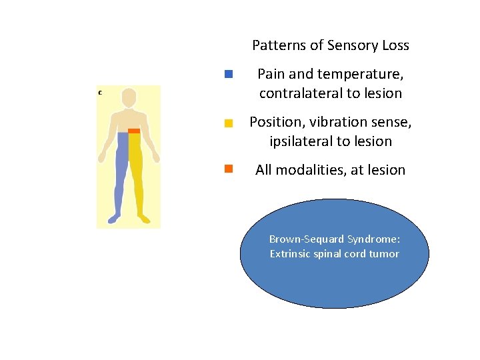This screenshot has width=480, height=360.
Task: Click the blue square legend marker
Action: click(229, 74)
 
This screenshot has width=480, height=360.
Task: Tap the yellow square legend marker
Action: click(229, 123)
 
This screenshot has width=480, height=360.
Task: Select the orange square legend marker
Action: click(229, 169)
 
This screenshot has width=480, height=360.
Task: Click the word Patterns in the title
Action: click(277, 46)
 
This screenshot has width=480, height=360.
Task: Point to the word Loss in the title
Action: click(395, 46)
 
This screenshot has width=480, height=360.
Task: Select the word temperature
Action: click(369, 73)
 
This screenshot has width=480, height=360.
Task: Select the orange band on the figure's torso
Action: click(134, 131)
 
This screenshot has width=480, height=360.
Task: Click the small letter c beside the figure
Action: click(100, 92)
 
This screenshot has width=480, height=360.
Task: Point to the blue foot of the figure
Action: click(114, 218)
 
